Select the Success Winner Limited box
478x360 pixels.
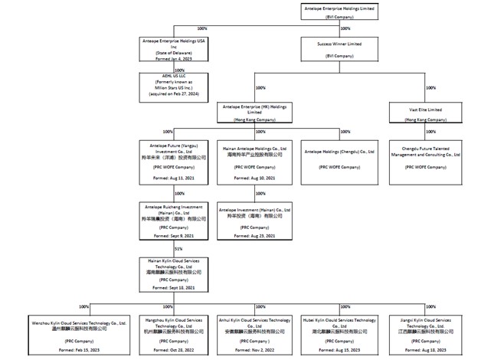339,47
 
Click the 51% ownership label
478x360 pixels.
178,248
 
